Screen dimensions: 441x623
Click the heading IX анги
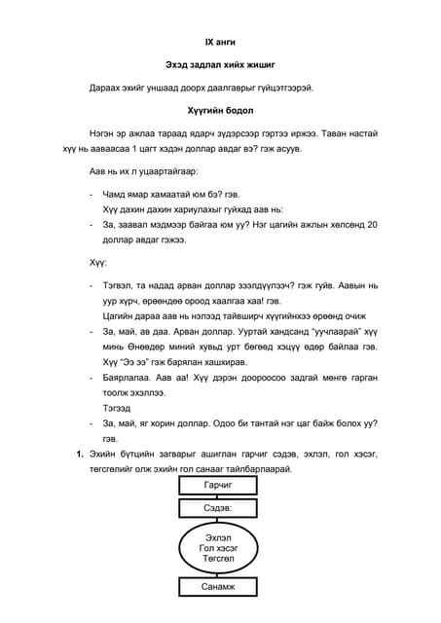tap(219, 43)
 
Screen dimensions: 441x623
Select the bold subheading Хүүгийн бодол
tap(220, 111)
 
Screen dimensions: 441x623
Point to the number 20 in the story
tap(368, 224)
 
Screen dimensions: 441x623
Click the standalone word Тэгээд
tap(118, 410)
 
